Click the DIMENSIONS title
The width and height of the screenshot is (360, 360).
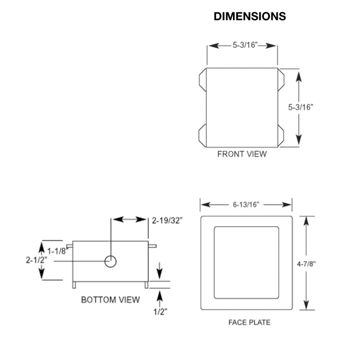pyautogui.click(x=249, y=17)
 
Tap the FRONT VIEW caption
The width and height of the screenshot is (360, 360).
pyautogui.click(x=242, y=154)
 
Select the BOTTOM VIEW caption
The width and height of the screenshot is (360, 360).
pyautogui.click(x=110, y=300)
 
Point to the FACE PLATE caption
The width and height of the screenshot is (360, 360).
pyautogui.click(x=249, y=322)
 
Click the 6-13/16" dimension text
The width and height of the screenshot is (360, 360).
pyautogui.click(x=246, y=204)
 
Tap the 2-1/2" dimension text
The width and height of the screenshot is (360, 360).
pyautogui.click(x=37, y=260)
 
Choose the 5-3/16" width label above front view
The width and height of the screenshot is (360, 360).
pyautogui.click(x=242, y=46)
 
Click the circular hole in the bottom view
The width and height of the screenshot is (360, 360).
pyautogui.click(x=111, y=261)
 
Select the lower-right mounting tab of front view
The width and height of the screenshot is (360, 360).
pyautogui.click(x=281, y=134)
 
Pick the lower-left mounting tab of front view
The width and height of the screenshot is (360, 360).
pyautogui.click(x=202, y=134)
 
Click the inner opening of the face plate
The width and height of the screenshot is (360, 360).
pyautogui.click(x=246, y=262)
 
